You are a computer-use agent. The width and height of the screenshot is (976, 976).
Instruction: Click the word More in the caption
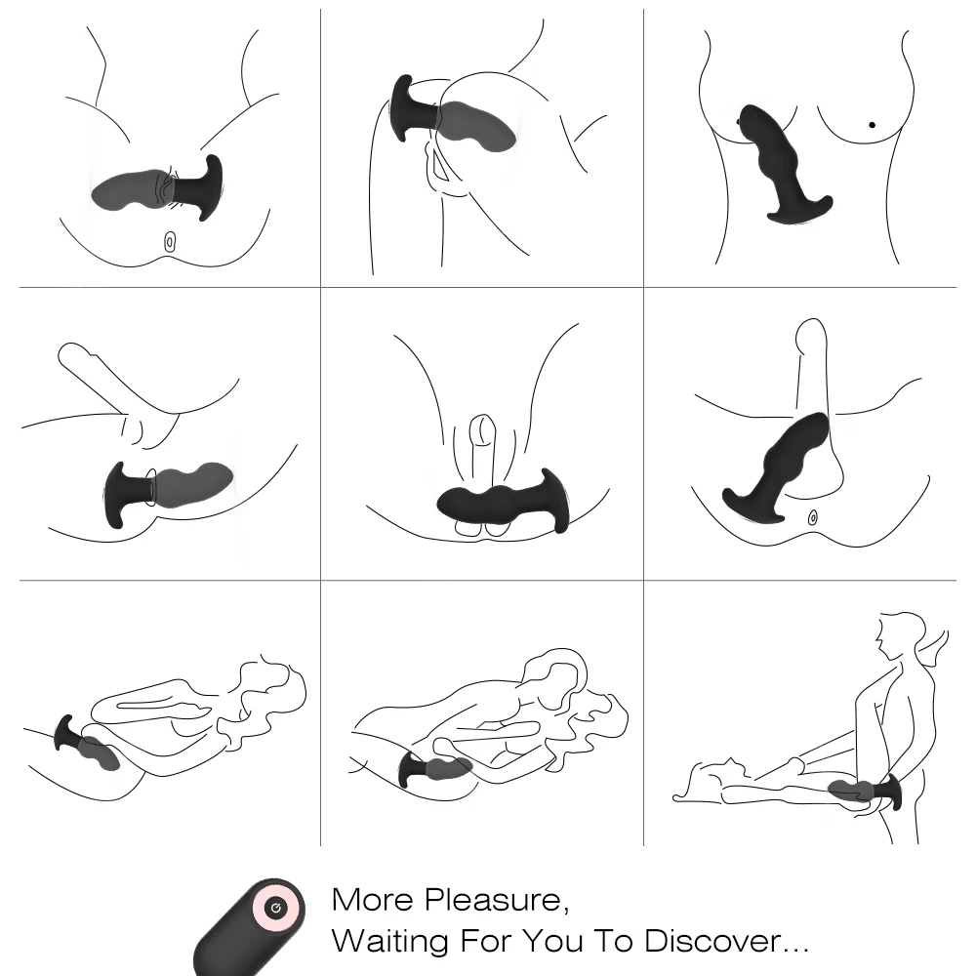point(372,900)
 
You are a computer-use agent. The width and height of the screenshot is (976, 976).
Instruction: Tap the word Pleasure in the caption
point(497,901)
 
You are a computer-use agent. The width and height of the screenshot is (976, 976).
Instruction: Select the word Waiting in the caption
point(389,941)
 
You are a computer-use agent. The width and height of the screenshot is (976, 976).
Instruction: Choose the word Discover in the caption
point(712,941)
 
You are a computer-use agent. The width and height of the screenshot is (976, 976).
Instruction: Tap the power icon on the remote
point(276,908)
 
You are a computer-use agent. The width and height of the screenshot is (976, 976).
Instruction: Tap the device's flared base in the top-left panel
point(209,186)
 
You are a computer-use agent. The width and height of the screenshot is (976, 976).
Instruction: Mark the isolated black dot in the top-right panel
point(872,125)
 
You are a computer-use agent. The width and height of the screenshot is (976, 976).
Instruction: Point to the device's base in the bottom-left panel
point(65,735)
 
